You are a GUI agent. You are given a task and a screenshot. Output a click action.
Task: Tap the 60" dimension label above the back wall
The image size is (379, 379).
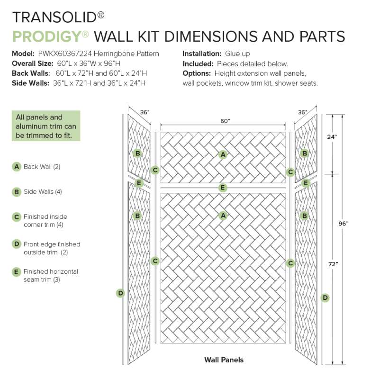tap(225, 121)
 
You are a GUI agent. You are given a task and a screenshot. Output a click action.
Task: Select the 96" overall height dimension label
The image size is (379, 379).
tap(343, 224)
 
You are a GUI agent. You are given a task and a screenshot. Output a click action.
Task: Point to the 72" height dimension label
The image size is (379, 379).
tap(333, 264)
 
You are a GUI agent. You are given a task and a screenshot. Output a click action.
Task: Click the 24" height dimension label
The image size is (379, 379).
tap(332, 137)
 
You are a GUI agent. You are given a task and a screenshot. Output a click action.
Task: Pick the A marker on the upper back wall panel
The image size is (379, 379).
tap(223, 154)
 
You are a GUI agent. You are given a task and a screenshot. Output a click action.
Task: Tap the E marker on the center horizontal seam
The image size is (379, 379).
tap(223, 188)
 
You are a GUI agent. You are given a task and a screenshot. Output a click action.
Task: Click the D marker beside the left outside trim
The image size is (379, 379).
tap(120, 293)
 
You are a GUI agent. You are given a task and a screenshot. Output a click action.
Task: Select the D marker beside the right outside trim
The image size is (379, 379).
tap(325, 298)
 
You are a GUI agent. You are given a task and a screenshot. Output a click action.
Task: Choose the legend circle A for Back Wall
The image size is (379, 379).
tap(17, 167)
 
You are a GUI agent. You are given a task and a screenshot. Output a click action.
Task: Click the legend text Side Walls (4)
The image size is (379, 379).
tap(43, 192)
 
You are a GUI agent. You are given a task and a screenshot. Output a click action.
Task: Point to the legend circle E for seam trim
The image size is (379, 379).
tap(16, 272)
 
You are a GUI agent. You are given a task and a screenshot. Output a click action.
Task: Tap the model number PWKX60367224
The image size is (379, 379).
tap(65, 54)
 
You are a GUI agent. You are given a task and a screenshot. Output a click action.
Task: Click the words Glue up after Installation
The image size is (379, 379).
tap(237, 54)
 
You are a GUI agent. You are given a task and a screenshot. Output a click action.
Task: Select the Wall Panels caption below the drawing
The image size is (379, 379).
tap(224, 360)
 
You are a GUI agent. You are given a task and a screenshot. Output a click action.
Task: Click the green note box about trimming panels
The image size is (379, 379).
tap(46, 126)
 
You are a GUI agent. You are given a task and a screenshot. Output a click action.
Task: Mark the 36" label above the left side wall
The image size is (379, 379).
tap(145, 112)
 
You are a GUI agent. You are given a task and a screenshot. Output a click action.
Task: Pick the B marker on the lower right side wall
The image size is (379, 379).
tap(305, 216)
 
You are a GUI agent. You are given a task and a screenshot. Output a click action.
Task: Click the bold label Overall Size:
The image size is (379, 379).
tap(32, 63)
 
